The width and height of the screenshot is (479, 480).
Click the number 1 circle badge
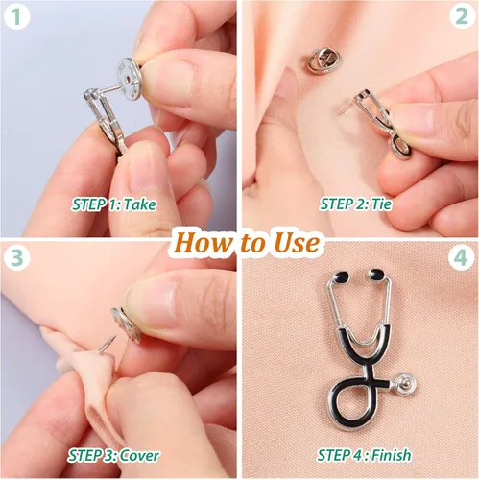click(x=16, y=16)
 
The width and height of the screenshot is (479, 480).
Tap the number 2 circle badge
click(x=462, y=16)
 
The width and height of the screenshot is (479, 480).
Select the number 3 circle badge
click(x=16, y=257)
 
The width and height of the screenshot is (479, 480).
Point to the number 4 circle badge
click(x=461, y=257)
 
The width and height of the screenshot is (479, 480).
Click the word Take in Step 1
click(x=139, y=204)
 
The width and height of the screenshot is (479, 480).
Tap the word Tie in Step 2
click(x=381, y=204)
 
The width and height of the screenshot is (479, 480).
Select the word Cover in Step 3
click(x=139, y=455)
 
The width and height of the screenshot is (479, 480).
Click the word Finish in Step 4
click(x=392, y=455)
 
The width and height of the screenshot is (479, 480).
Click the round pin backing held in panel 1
click(x=129, y=77)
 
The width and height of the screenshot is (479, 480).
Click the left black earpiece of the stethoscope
click(x=341, y=276)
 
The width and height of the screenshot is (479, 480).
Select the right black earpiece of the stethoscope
click(x=377, y=275)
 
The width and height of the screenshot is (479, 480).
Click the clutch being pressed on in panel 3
click(x=127, y=324)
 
